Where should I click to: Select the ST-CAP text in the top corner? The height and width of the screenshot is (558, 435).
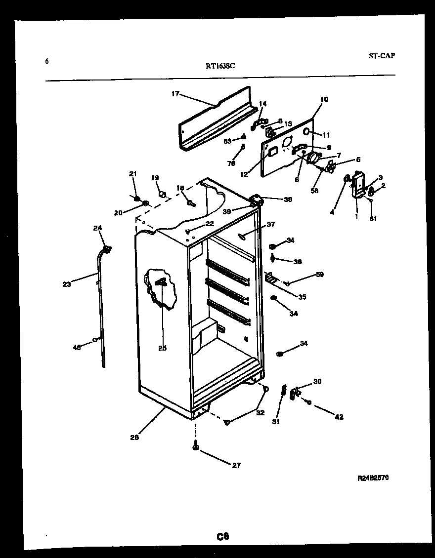(x=381, y=56)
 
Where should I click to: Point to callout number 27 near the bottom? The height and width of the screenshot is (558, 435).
(x=236, y=465)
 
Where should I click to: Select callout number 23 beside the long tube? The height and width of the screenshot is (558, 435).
(x=67, y=284)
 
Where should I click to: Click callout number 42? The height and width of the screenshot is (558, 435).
(x=339, y=417)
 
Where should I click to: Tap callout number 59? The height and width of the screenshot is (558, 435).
(x=320, y=275)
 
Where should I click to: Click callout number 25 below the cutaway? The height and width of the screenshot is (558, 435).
(x=163, y=348)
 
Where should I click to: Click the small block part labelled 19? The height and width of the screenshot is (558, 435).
(x=161, y=194)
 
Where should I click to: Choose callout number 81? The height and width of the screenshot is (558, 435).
(x=373, y=219)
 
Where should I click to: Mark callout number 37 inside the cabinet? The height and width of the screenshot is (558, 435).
(x=270, y=225)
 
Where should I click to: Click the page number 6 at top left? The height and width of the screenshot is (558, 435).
(x=47, y=61)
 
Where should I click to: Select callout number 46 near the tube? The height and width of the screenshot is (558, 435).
(x=77, y=347)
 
